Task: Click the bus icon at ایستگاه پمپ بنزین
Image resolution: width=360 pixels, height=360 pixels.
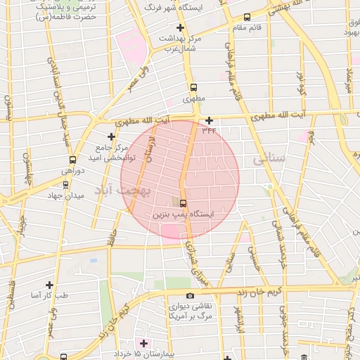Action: [x=184, y=203]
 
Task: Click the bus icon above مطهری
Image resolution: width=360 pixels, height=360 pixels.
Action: [x=193, y=88]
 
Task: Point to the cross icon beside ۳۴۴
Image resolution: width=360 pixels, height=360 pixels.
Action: [x=209, y=120]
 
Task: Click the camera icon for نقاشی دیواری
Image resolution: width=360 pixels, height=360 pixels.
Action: [x=190, y=296]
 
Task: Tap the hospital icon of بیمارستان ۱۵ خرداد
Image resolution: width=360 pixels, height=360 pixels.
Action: [x=144, y=343]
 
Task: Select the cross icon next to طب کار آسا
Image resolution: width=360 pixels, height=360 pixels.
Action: [x=49, y=285]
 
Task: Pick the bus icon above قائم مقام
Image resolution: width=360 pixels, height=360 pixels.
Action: [x=246, y=18]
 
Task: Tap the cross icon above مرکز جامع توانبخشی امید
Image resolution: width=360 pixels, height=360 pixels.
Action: [x=110, y=136]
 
